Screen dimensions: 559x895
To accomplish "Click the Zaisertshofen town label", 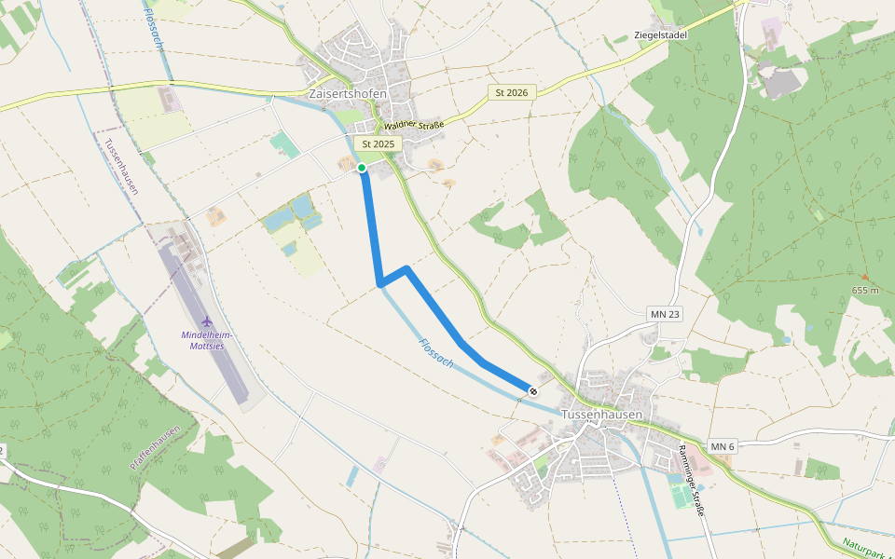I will pos(347,94).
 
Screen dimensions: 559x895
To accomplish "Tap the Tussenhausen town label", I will pos(602,414).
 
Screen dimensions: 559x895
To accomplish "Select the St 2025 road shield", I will pos(379,144).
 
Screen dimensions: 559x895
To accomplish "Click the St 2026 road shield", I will pos(512,92).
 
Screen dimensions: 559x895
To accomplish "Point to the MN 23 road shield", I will pos(665,314).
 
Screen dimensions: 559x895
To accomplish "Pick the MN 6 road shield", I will pos(723,447).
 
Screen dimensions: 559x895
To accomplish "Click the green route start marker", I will pos(362,168).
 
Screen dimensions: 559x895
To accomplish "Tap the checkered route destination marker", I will pos(532,391).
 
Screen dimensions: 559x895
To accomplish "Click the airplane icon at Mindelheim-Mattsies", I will pos(206,321).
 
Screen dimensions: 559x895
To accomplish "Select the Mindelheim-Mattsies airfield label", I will pos(206,340).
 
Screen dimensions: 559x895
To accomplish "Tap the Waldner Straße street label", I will pos(413,125).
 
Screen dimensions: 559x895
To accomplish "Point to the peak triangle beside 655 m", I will pos(864,277).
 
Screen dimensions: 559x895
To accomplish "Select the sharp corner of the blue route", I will pos(379,283).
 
